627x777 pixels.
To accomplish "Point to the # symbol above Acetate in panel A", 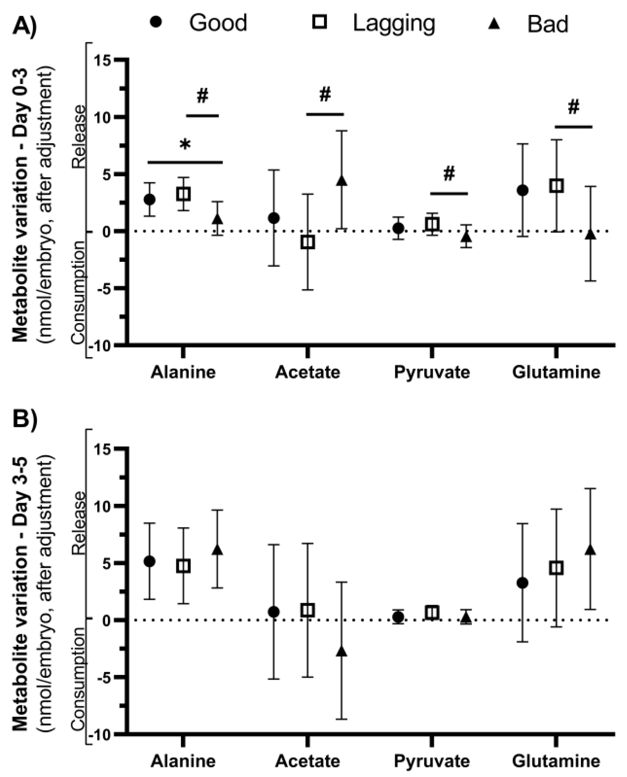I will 325,95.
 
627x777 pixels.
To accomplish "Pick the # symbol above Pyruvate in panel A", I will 449,174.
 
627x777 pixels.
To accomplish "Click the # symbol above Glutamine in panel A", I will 574,107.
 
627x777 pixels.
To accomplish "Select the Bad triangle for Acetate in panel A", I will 341,181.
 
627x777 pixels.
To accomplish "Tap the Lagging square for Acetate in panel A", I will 308,242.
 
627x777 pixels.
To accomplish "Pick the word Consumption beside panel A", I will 78,292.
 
